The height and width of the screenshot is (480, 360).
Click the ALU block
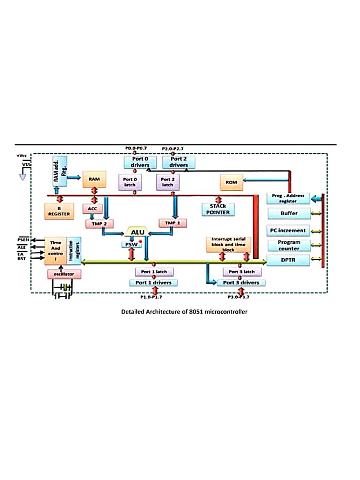click(136, 232)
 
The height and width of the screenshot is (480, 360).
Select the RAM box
click(95, 180)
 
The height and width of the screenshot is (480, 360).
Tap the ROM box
click(232, 182)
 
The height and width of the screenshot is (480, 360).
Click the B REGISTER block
click(59, 211)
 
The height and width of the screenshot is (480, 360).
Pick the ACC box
click(92, 208)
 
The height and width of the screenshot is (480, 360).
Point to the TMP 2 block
click(99, 224)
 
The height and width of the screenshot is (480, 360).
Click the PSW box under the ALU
click(132, 245)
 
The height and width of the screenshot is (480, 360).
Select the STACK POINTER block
click(217, 209)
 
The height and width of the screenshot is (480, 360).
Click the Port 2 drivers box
click(179, 162)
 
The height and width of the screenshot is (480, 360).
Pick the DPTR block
click(289, 260)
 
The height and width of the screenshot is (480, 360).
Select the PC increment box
click(289, 230)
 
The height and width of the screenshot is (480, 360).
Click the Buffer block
click(289, 213)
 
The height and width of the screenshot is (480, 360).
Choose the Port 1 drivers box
click(154, 283)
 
